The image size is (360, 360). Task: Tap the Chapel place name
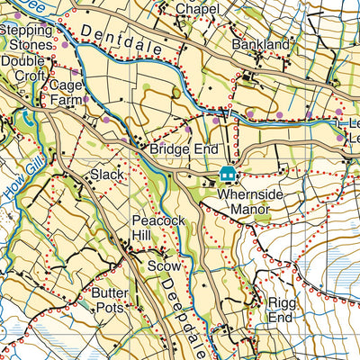[197, 8]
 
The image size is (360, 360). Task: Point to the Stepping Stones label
[25, 36]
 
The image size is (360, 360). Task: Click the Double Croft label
[22, 68]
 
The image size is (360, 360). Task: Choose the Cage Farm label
[67, 93]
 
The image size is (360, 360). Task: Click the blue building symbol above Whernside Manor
[229, 174]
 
